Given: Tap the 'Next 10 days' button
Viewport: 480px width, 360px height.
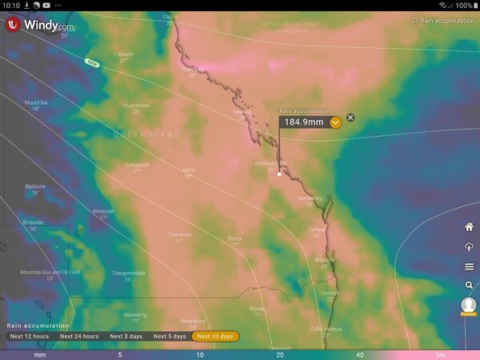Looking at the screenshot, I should (x=215, y=336).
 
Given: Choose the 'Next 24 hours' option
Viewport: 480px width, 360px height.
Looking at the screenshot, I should (x=79, y=336).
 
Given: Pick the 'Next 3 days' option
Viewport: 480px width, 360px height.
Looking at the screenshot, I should (x=126, y=336).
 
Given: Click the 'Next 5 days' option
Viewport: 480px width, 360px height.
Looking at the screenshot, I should (x=170, y=336).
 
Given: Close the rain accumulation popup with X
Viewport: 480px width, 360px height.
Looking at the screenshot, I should (x=350, y=118).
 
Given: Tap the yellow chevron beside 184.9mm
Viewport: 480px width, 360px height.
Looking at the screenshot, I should (x=335, y=122).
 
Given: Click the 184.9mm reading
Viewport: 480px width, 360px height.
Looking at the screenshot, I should (x=304, y=122).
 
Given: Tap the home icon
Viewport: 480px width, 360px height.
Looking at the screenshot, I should (x=469, y=226).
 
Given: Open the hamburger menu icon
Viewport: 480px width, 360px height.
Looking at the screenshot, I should (x=469, y=266).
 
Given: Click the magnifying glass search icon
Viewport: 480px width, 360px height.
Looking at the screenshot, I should (x=469, y=285).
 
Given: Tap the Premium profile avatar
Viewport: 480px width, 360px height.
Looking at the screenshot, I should (x=469, y=306).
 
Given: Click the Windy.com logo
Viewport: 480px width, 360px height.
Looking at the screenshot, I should (x=40, y=25).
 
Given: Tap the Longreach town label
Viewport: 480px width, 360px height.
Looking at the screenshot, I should (x=137, y=165).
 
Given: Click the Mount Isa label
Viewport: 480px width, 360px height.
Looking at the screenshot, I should (x=37, y=102).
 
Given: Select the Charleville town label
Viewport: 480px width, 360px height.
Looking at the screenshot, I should (x=180, y=234).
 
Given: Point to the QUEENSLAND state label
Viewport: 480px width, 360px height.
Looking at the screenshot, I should (x=147, y=135).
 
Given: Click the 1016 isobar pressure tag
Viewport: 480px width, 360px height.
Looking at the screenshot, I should (x=93, y=62).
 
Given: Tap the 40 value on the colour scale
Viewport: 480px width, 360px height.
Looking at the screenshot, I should (x=360, y=354).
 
